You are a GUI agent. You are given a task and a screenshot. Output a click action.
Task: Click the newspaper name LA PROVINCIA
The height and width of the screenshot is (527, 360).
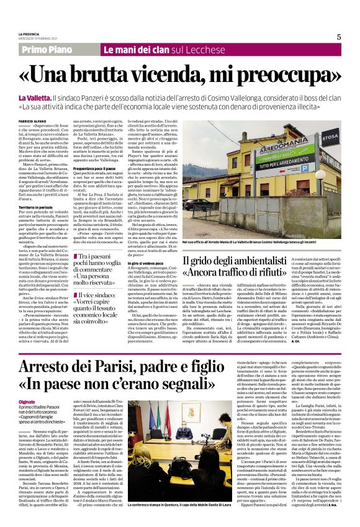pos(31,33)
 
